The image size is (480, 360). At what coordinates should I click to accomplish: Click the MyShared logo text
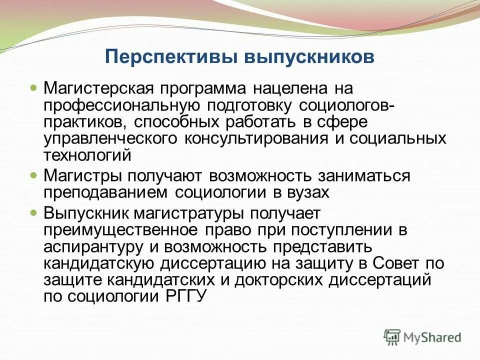[433, 337]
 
